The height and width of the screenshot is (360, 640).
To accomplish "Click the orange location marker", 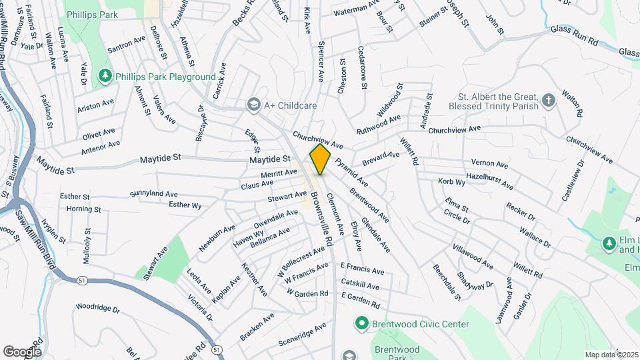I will click(321, 159).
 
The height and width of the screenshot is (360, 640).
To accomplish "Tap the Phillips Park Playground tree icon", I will click(105, 77).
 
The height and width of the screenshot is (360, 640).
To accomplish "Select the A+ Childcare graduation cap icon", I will click(253, 105).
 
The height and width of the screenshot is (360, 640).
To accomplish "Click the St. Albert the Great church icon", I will click(548, 101).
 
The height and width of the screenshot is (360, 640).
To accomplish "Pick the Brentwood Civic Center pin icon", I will click(362, 324).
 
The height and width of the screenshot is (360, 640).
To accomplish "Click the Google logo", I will click(22, 351).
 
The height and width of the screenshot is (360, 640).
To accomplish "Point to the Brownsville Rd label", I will click(322, 220).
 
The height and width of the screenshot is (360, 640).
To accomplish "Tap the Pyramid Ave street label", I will click(351, 171).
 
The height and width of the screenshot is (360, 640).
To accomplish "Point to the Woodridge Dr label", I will click(97, 309).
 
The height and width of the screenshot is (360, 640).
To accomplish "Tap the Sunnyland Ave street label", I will click(154, 193).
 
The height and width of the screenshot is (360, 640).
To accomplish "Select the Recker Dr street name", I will click(521, 213).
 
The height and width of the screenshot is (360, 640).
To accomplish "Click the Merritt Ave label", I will click(279, 173).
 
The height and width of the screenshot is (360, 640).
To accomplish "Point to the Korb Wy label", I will click(451, 181).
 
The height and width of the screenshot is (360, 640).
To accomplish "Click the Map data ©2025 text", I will click(609, 355).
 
